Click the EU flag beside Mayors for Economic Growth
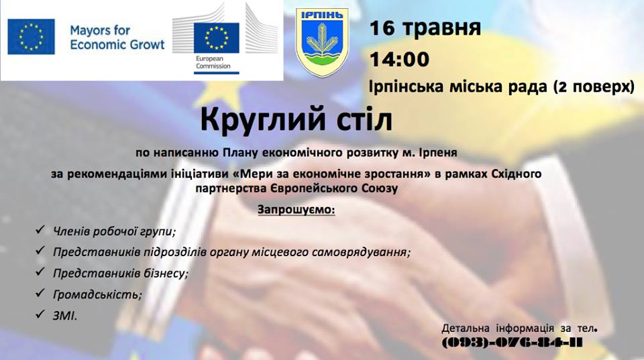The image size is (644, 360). (x=32, y=36)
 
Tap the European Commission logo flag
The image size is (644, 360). (x=217, y=38)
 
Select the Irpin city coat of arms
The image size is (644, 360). (x=323, y=42)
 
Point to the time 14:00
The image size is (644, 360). (x=400, y=59)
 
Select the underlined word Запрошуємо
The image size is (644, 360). (x=296, y=210)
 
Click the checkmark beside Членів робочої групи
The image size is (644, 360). (x=40, y=229)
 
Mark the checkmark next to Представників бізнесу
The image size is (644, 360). (x=40, y=272)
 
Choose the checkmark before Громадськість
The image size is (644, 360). (x=40, y=293)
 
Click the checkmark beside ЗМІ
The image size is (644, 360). (x=40, y=314)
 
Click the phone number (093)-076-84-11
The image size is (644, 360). (x=512, y=343)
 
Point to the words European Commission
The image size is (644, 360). (x=213, y=62)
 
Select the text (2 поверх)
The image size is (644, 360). (x=594, y=87)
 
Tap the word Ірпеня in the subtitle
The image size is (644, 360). (x=438, y=153)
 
